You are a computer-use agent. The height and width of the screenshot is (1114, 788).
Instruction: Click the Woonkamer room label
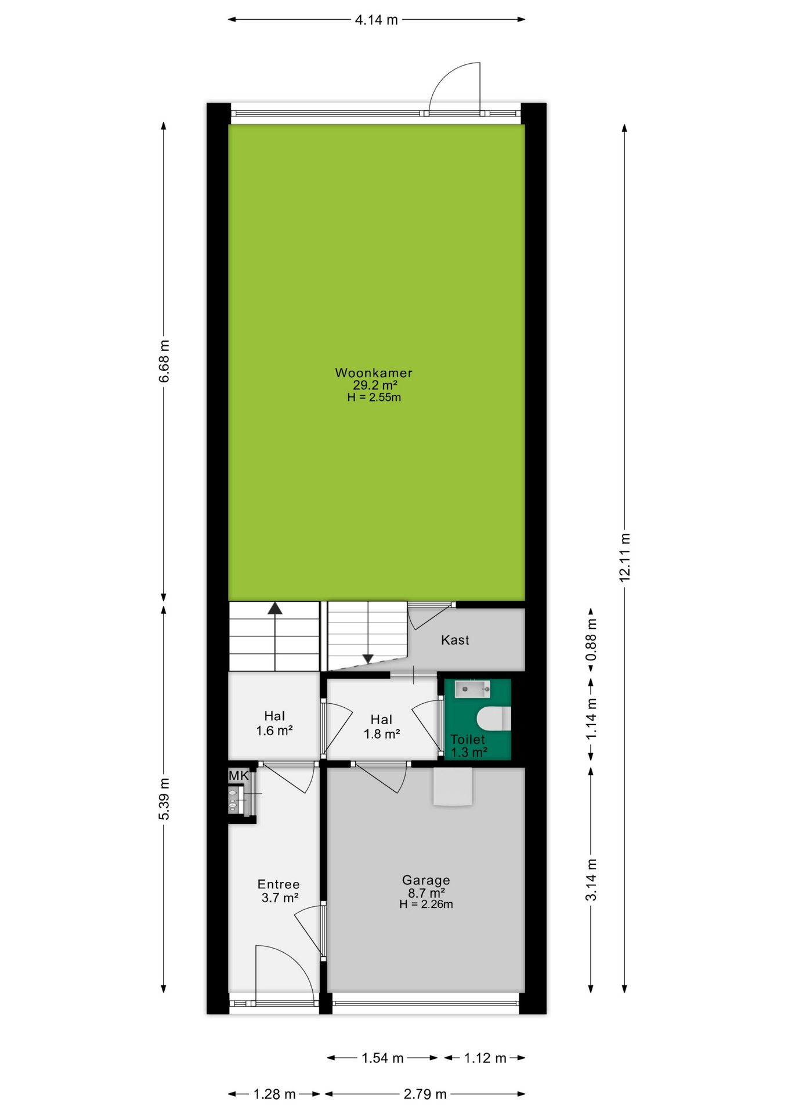pos(374,373)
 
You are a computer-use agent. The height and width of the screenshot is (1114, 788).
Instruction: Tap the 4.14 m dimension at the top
pos(377,20)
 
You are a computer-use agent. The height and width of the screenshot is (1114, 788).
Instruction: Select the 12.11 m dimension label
pos(624,557)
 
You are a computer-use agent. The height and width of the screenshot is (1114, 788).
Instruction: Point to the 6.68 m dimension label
pos(164,361)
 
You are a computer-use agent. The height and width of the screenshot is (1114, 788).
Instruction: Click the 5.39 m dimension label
pos(164,799)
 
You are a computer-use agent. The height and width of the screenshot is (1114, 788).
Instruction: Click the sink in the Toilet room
pos(472,689)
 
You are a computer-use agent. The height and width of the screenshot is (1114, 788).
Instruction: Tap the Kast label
pos(455,640)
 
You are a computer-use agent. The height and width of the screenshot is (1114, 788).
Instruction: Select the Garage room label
pos(426,880)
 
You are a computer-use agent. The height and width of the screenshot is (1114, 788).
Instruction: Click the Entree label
pos(279,884)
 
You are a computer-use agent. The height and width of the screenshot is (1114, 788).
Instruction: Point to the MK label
pos(238,776)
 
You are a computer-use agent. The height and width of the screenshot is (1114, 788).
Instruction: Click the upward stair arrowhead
pos(275,608)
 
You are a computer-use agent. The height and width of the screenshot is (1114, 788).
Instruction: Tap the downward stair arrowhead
pos(368,659)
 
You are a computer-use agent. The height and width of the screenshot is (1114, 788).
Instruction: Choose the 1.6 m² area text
pos(274,730)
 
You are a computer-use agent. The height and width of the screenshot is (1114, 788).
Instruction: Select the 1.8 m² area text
pos(382,734)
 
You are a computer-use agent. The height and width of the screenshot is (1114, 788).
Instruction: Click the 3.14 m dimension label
pos(591,880)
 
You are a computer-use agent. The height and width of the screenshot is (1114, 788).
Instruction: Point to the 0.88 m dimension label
pos(591,640)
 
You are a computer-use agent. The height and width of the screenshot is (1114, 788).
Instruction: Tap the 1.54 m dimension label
pos(382,1058)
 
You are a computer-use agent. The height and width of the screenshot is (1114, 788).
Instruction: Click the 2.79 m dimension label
pos(425,1094)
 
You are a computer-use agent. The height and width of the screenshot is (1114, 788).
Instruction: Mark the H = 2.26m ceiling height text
pos(426,904)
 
